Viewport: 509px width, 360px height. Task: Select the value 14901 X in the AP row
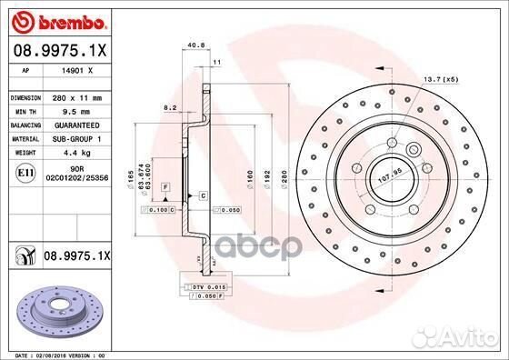77,69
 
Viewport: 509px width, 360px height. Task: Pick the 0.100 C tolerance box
158,210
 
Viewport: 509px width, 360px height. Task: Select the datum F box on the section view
166,185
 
